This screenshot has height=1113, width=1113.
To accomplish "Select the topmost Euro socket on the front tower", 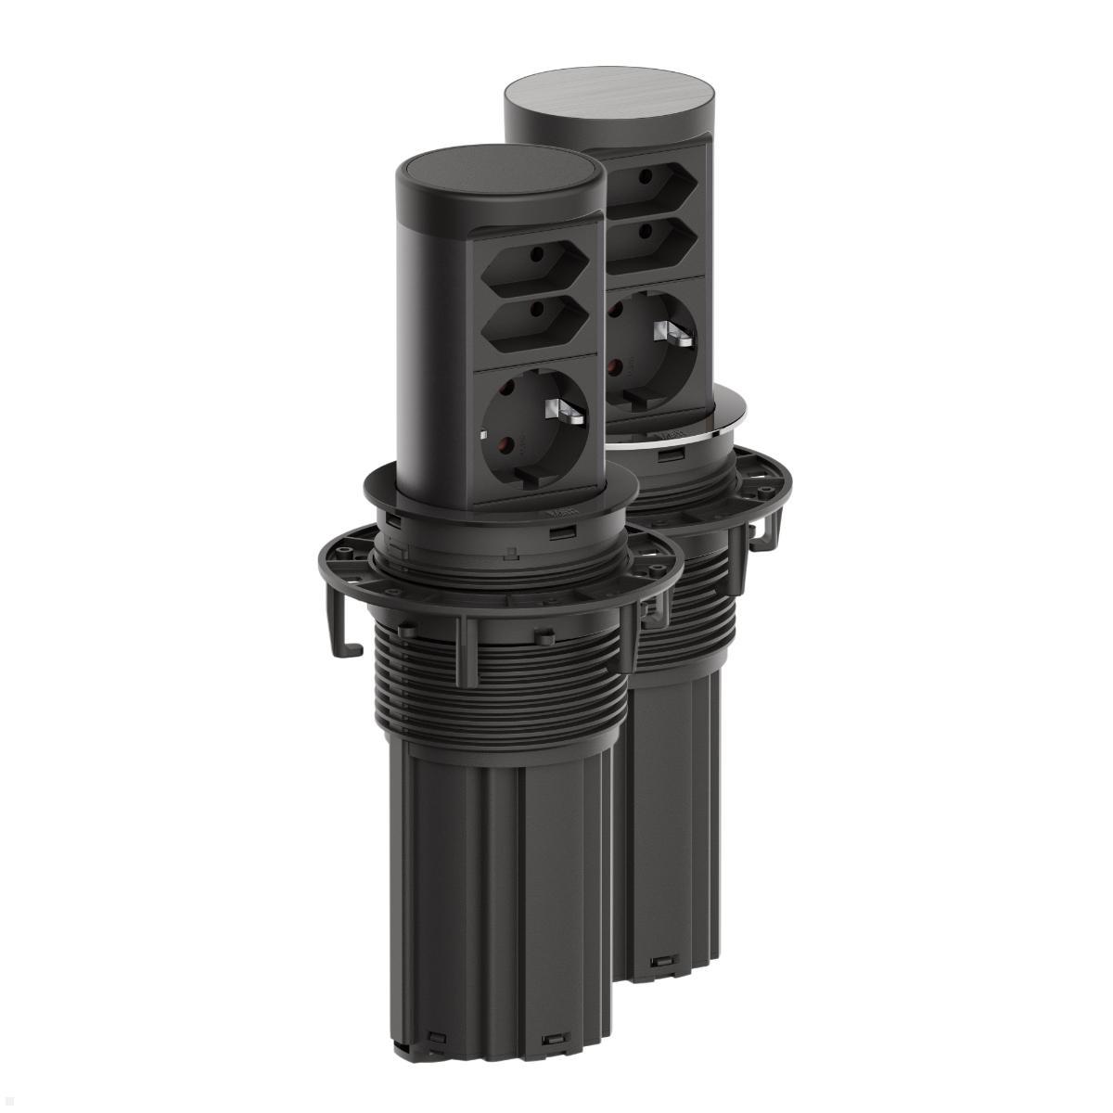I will pos(534,270).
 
